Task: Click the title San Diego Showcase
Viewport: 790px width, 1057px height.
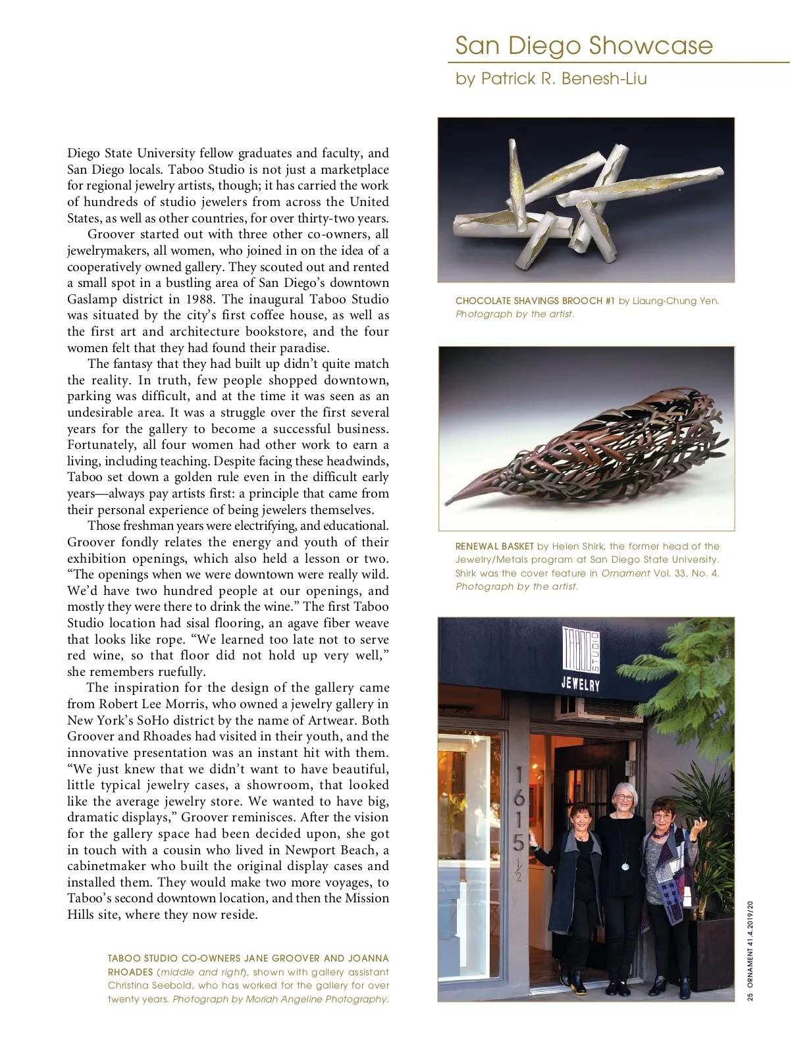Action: (583, 45)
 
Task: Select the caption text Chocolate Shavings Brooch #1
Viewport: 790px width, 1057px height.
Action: (535, 301)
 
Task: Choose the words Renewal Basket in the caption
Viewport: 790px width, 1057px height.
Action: (494, 546)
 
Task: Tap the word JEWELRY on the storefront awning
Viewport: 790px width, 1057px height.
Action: (580, 684)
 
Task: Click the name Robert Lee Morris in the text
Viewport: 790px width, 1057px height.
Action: (149, 704)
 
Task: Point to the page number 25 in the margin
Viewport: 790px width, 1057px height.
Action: (750, 996)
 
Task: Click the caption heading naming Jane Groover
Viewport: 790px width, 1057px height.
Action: (248, 958)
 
